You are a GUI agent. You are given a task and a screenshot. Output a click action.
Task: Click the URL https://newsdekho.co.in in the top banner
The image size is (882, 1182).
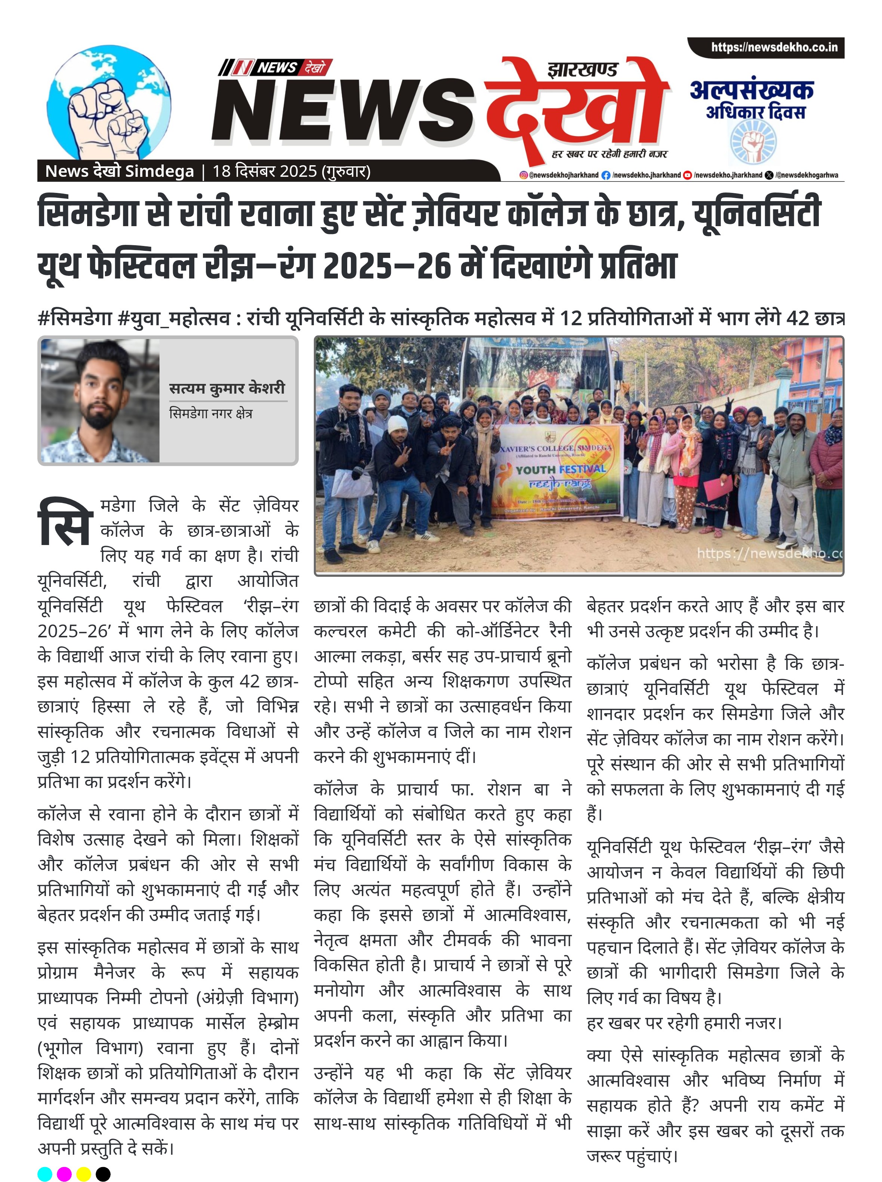coord(774,47)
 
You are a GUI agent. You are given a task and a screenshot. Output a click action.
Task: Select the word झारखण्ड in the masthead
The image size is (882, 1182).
coord(582,70)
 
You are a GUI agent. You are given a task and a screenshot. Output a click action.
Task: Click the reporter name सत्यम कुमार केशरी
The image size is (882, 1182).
coord(228,388)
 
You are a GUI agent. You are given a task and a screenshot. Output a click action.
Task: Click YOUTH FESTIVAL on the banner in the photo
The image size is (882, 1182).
coord(561,469)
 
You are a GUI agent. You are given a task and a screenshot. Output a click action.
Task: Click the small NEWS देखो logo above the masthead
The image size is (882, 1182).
coord(275,68)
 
